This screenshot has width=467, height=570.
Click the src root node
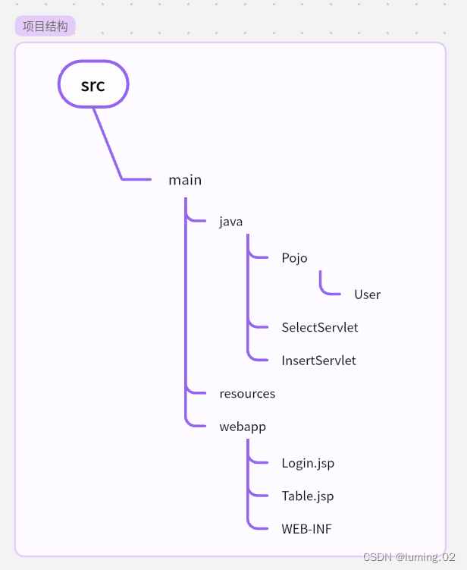point(93,84)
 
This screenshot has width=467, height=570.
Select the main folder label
point(185,180)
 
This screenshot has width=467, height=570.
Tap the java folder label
point(230,222)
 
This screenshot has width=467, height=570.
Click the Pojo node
point(294,258)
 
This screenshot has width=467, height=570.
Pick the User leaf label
point(367,294)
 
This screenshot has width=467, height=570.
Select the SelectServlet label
point(319,328)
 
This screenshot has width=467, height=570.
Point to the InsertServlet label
point(318,361)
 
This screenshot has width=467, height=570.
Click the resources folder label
point(247,394)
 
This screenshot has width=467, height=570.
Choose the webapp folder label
point(243,427)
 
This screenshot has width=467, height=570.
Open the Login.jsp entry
point(308,463)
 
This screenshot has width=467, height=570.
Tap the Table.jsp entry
point(307,496)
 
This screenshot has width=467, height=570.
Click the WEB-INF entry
point(306,529)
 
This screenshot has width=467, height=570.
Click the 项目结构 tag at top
point(45,27)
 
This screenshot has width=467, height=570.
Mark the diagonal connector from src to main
point(107,143)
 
